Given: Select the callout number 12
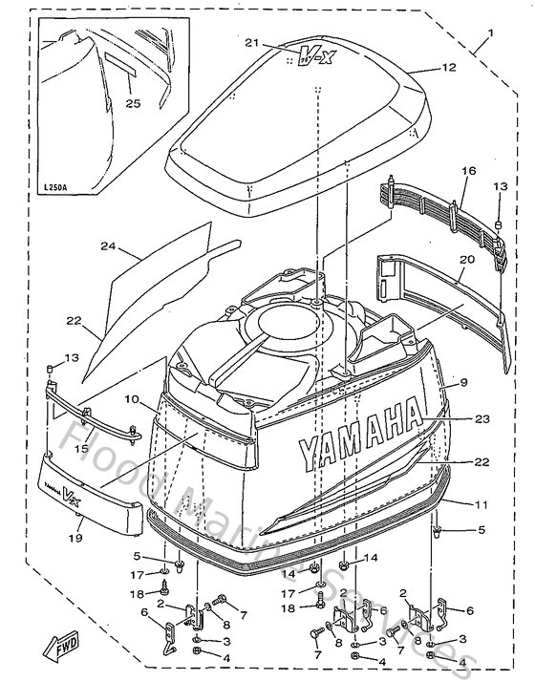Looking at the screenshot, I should (x=449, y=67).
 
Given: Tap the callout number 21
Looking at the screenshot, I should (x=251, y=43).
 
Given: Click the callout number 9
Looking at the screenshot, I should (x=463, y=382).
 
